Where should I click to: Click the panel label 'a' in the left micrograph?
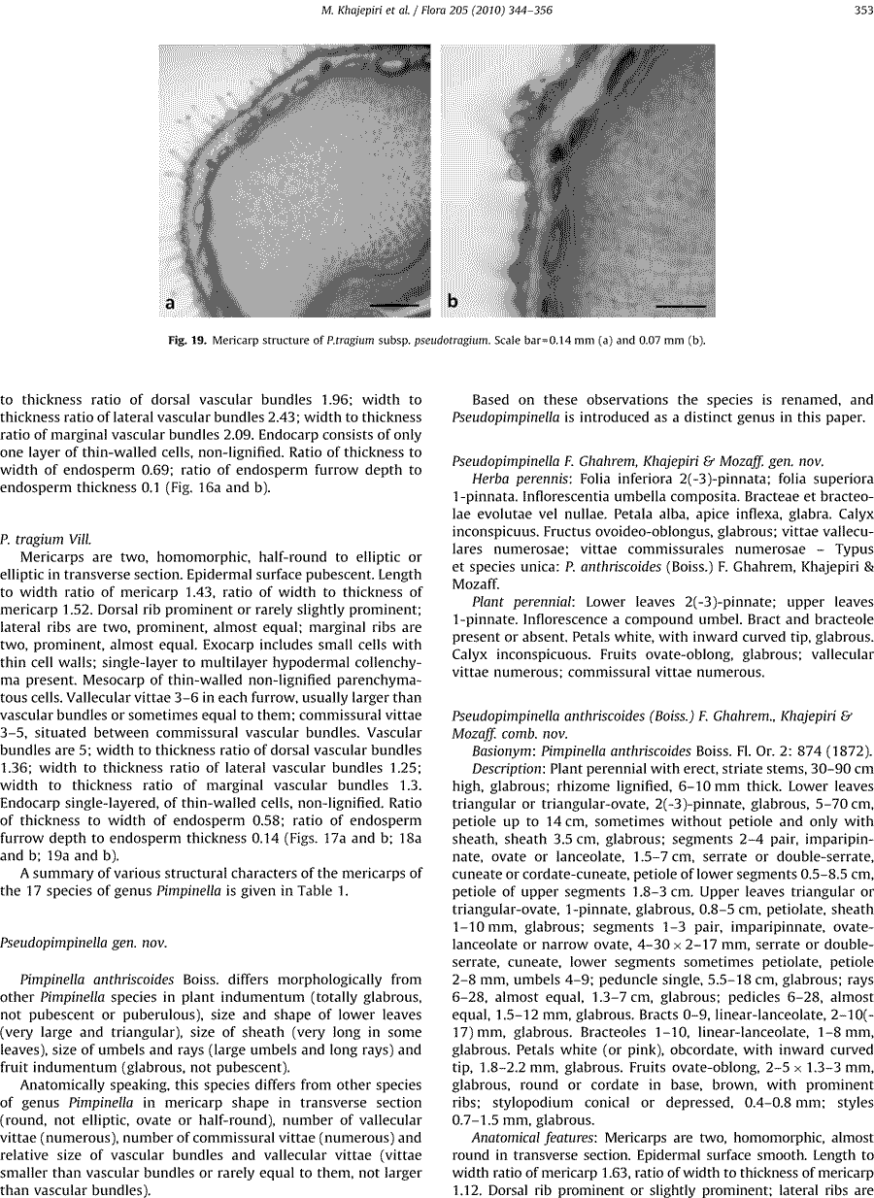171,302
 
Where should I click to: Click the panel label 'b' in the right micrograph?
453,302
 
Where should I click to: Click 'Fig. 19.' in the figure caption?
187,340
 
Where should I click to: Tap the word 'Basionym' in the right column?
503,750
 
